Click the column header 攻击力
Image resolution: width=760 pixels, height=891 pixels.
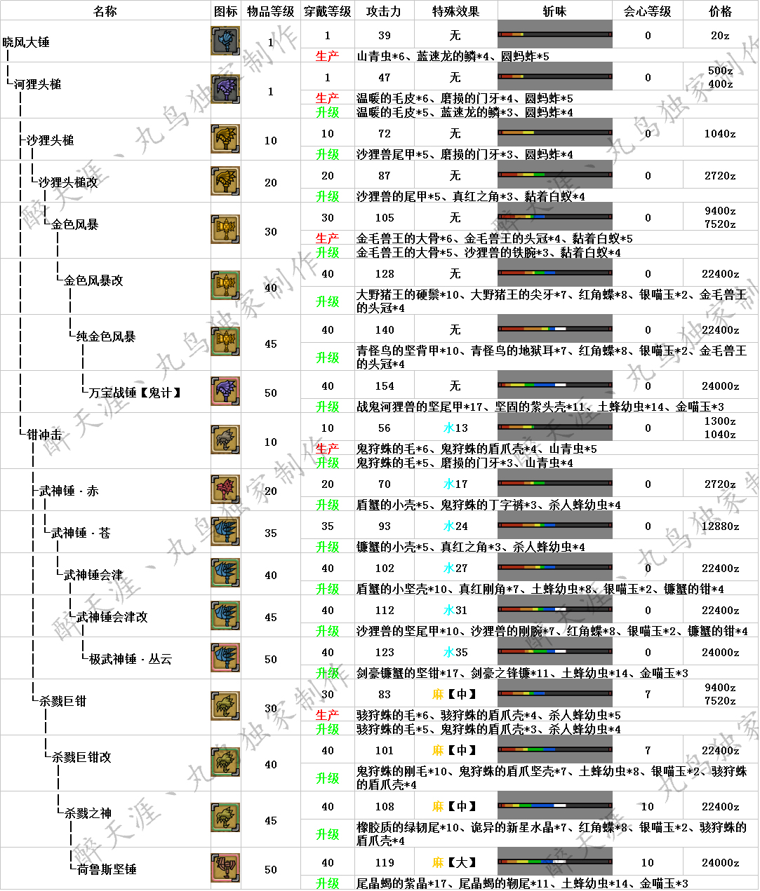click(384, 11)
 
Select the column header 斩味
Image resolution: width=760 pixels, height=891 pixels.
click(554, 11)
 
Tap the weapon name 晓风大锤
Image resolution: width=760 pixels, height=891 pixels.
click(27, 42)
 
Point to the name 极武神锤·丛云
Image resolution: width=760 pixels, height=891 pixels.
click(131, 659)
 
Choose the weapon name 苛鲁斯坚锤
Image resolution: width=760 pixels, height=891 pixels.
click(107, 869)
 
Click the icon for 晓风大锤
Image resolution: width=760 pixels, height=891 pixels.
click(225, 41)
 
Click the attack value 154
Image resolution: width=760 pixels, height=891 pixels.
click(385, 386)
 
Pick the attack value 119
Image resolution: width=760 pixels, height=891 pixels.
click(385, 862)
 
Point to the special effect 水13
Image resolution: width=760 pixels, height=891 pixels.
click(455, 428)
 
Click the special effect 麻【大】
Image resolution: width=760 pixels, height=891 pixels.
click(455, 862)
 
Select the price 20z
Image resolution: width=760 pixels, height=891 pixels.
click(720, 35)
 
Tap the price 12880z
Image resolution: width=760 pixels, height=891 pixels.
click(720, 526)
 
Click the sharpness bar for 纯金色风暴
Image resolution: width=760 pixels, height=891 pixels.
click(554, 329)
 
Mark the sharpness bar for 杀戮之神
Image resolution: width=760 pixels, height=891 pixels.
click(554, 805)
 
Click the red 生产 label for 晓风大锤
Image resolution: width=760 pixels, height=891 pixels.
click(327, 56)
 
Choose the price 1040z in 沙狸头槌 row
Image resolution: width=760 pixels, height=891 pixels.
click(720, 133)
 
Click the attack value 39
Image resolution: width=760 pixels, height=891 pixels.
click(385, 35)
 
